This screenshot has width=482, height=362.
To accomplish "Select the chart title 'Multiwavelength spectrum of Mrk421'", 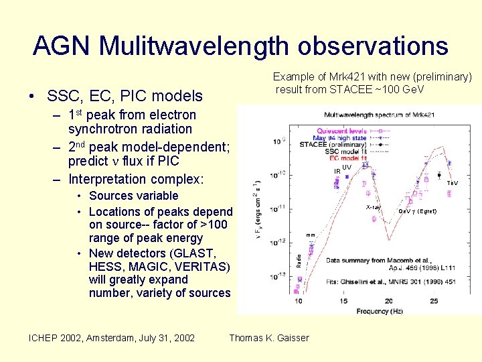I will pyautogui.click(x=379, y=115).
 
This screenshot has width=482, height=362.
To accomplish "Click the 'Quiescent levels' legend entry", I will pyautogui.click(x=341, y=131).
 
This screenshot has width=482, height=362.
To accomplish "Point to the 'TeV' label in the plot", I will pyautogui.click(x=453, y=183).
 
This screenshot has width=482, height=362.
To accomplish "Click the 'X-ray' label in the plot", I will pyautogui.click(x=373, y=207).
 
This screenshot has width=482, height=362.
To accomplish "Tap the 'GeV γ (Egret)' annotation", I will pyautogui.click(x=417, y=211).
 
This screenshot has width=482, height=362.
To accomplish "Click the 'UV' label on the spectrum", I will pyautogui.click(x=347, y=167).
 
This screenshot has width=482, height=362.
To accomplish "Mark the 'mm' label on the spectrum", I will pyautogui.click(x=310, y=235).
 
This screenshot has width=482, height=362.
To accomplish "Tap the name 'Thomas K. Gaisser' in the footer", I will pyautogui.click(x=269, y=338).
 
